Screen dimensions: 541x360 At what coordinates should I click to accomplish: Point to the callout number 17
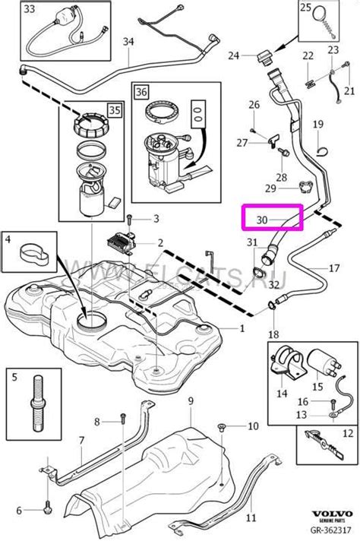click(333, 267)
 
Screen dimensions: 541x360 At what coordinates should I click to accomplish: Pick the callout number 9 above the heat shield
click(191, 400)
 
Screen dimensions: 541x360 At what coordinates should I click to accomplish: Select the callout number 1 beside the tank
click(242, 329)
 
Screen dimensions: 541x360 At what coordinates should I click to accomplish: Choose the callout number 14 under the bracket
click(283, 394)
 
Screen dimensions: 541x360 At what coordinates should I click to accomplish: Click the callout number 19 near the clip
click(317, 124)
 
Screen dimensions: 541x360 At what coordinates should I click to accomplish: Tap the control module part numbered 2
click(122, 239)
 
